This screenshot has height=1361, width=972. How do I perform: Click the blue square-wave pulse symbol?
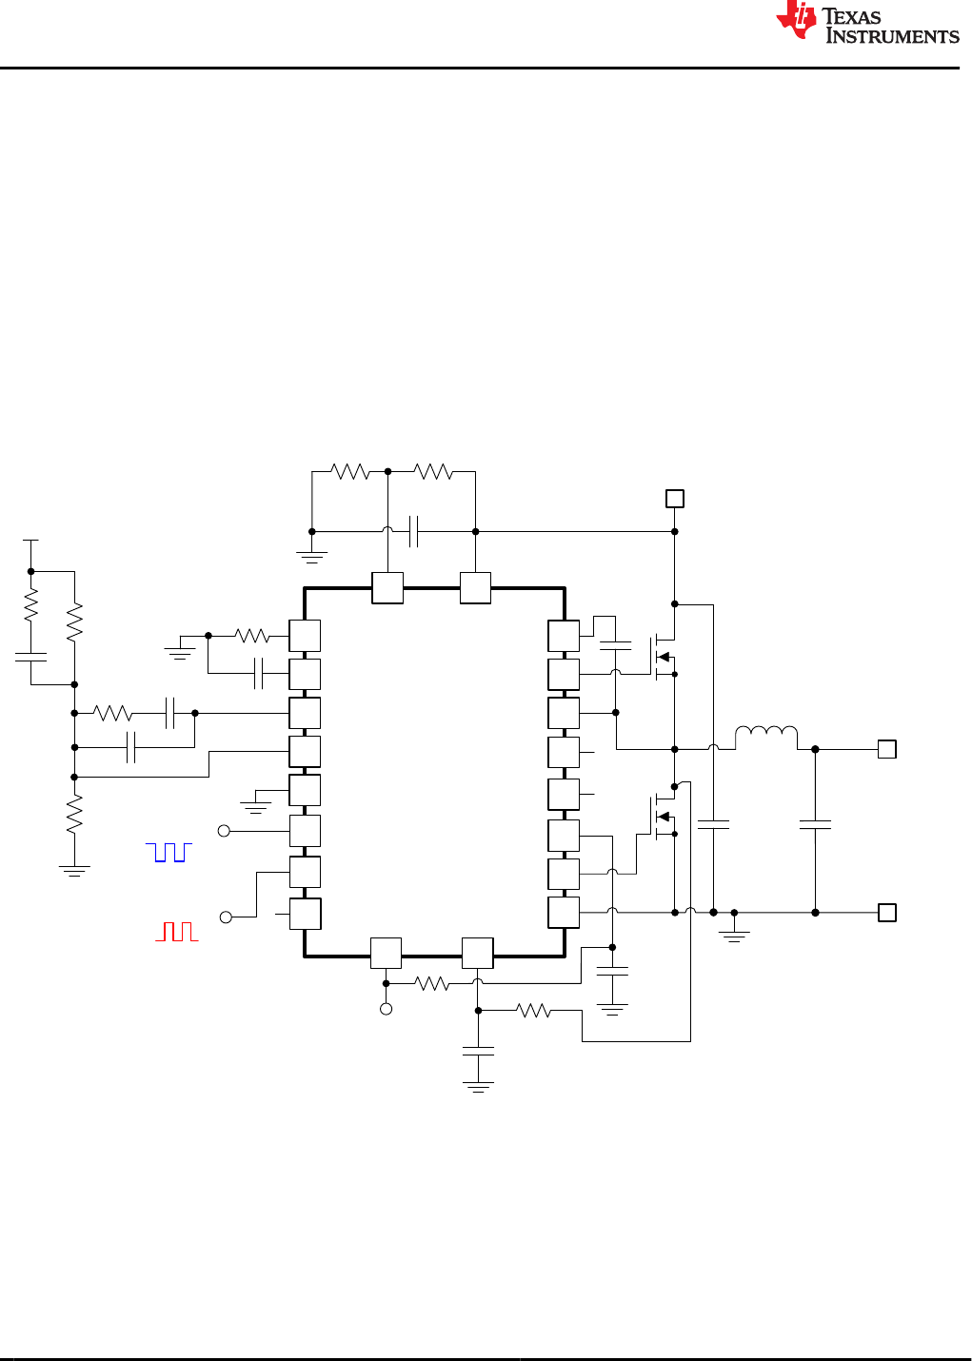169,852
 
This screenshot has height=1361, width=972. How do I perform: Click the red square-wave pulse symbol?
177,931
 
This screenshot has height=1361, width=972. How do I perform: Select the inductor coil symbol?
766,734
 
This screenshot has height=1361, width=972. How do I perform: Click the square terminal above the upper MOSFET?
674,499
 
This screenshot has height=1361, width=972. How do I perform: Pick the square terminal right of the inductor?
886,749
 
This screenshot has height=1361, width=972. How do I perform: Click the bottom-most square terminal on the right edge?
886,913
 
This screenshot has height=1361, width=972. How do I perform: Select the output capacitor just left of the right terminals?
815,825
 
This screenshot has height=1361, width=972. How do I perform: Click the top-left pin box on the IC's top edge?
387,588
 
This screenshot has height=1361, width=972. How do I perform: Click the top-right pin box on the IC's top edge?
475,588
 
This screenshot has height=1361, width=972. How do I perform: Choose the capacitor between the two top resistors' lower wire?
413,531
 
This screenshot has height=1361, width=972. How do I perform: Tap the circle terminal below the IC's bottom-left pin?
386,1009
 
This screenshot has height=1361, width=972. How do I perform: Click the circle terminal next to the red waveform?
226,917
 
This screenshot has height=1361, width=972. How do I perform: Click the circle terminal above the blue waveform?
225,831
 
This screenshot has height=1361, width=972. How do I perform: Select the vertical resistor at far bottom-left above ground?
74,816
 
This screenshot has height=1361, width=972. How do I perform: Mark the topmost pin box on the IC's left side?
305,636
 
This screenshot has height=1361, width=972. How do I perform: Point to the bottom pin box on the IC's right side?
564,913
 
